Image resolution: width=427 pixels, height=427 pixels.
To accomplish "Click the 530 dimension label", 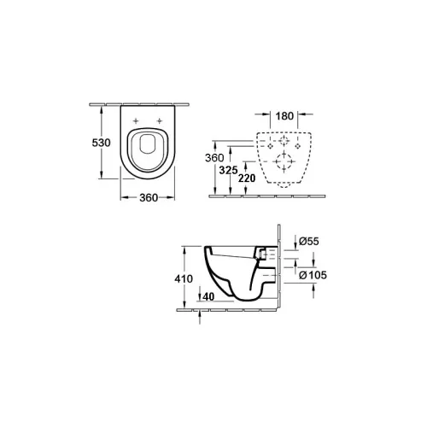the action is tap(101, 143).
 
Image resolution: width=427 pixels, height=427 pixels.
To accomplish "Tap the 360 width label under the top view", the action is tap(149, 197).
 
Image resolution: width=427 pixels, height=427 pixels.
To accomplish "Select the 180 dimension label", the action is tap(284, 116).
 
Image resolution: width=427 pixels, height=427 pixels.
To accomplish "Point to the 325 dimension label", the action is tap(228, 170).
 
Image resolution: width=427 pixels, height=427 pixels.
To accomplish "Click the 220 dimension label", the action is tap(247, 178).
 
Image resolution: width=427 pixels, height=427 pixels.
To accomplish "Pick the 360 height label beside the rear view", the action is tap(214, 158).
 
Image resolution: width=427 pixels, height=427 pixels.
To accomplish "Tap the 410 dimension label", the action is tap(184, 278).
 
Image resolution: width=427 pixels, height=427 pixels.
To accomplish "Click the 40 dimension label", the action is tap(208, 297).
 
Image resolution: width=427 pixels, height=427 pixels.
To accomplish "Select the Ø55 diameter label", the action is tap(309, 242).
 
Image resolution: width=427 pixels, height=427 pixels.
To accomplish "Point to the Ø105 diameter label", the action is tap(313, 275).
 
